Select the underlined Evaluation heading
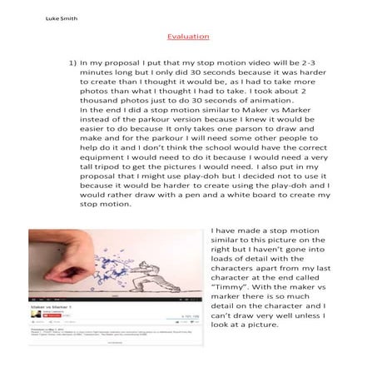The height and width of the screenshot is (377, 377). (x=187, y=36)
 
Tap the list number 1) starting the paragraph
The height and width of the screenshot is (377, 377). (x=72, y=62)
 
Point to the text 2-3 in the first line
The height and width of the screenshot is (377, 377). (x=323, y=62)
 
